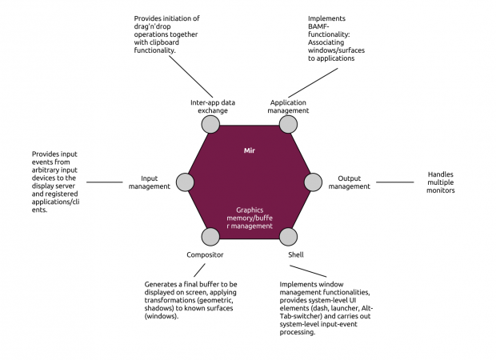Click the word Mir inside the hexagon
click(x=249, y=150)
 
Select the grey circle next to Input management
click(x=184, y=182)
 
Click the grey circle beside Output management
click(x=314, y=182)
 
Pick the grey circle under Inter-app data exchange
click(x=210, y=124)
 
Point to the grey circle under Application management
click(x=287, y=124)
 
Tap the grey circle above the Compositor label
click(x=210, y=237)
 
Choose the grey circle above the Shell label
click(x=287, y=237)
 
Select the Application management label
click(x=290, y=106)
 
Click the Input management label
click(x=150, y=182)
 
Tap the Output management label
click(x=349, y=182)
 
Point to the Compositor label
click(x=205, y=254)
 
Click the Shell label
click(x=296, y=254)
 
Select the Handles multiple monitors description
click(x=441, y=182)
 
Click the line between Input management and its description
click(x=104, y=182)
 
